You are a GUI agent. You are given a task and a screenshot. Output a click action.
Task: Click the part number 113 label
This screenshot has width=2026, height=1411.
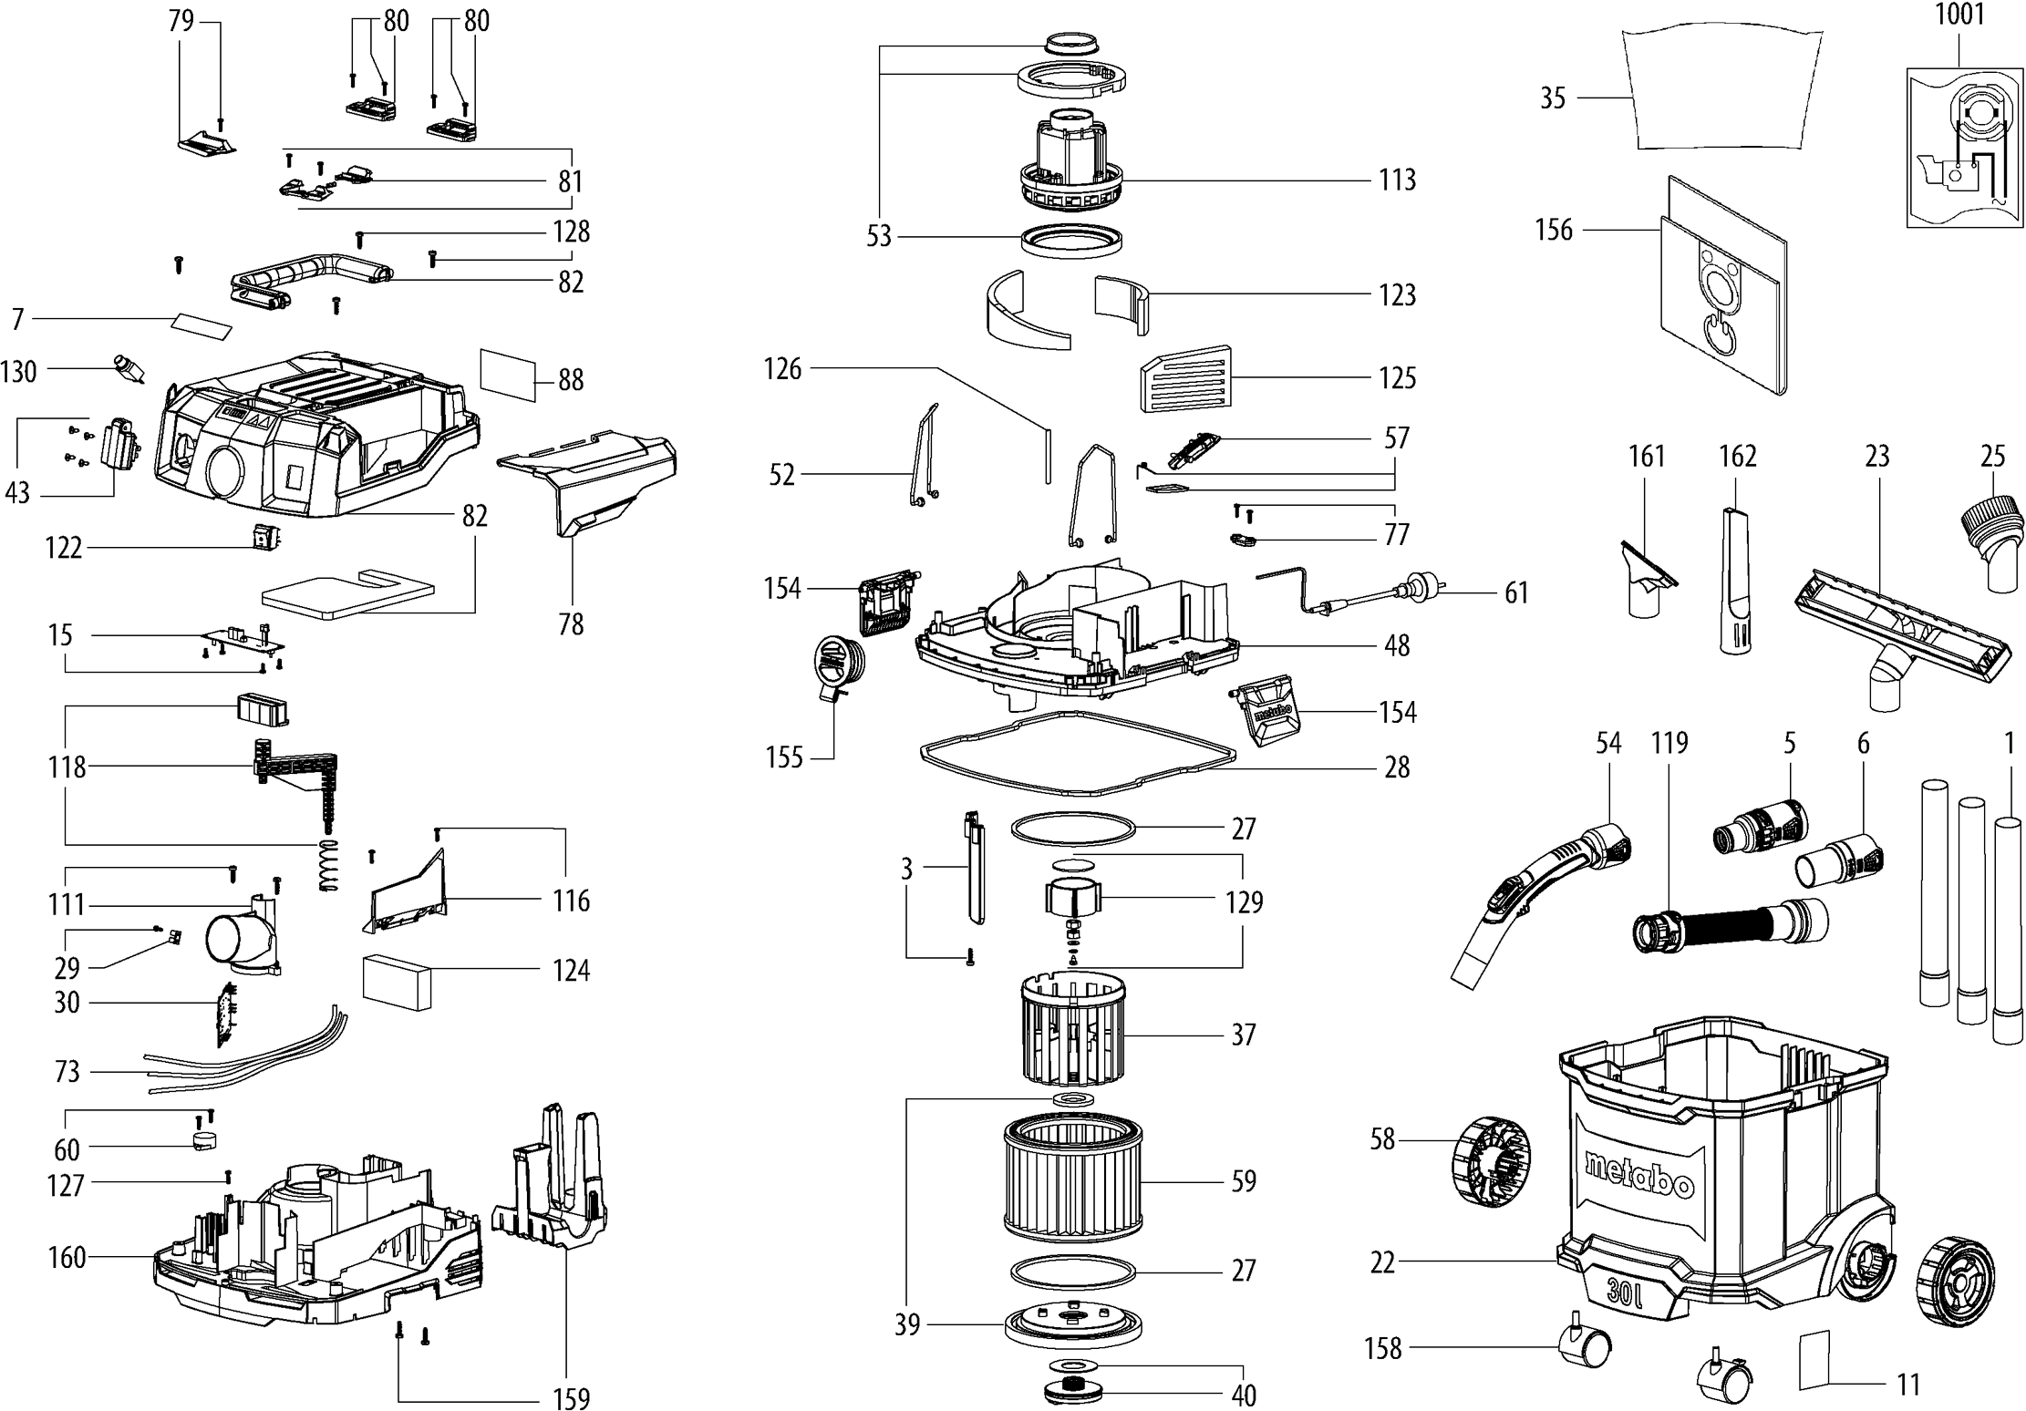pos(1397,180)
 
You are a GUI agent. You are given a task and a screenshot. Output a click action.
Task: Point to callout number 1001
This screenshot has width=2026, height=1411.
pos(1959,15)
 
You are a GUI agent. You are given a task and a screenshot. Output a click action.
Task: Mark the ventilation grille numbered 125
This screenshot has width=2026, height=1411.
pos(1184,378)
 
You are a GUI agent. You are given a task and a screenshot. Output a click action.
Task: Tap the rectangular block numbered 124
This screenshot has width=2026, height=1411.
pos(397,981)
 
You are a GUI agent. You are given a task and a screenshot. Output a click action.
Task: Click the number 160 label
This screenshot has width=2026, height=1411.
pos(67,1258)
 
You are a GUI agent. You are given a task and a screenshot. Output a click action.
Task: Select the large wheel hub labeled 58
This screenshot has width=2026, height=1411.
pos(1490,1160)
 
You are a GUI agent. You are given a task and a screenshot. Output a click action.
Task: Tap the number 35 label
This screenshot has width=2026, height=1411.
pos(1552,98)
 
